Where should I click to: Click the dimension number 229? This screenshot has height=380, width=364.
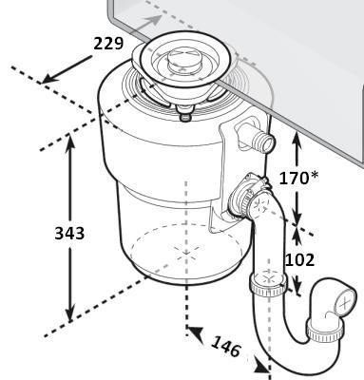pos(108,44)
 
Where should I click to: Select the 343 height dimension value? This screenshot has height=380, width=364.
pos(69,234)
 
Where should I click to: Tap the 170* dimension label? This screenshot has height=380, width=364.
pos(298,178)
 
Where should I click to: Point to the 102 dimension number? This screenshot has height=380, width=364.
pos(300,259)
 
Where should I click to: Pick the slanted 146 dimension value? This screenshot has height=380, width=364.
pos(226,346)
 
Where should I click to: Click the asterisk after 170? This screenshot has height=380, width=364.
pos(314,176)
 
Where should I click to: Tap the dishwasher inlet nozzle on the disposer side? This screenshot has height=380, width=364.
pos(259,139)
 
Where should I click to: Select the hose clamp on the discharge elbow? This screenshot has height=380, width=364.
pos(250,192)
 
